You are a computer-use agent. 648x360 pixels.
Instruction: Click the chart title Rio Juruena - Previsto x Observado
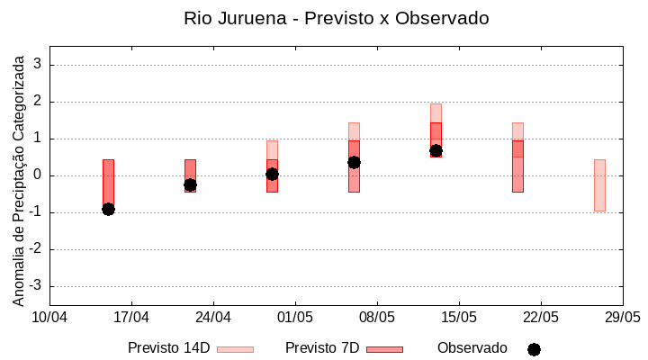click(336, 18)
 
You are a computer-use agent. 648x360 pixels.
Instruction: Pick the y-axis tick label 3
click(38, 65)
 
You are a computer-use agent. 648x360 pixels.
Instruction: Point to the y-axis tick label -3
click(35, 286)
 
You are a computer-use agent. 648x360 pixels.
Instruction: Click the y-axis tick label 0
click(38, 175)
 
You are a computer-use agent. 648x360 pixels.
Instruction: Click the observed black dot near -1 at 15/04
click(108, 209)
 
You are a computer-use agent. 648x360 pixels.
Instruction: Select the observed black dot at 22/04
click(190, 184)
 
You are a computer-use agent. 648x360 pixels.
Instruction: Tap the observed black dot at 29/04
click(272, 174)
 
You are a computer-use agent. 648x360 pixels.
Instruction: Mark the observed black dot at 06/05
click(354, 162)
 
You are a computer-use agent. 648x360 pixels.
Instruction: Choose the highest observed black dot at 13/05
click(436, 150)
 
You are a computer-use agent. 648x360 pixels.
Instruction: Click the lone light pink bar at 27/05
click(599, 184)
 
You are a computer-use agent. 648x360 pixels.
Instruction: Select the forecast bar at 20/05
click(517, 157)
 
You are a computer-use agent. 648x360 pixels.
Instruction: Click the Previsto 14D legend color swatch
click(235, 349)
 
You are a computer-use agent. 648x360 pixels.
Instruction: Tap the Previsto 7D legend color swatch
click(384, 349)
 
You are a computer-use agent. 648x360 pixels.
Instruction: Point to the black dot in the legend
click(534, 349)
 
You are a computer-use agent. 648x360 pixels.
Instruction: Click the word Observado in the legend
click(472, 347)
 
